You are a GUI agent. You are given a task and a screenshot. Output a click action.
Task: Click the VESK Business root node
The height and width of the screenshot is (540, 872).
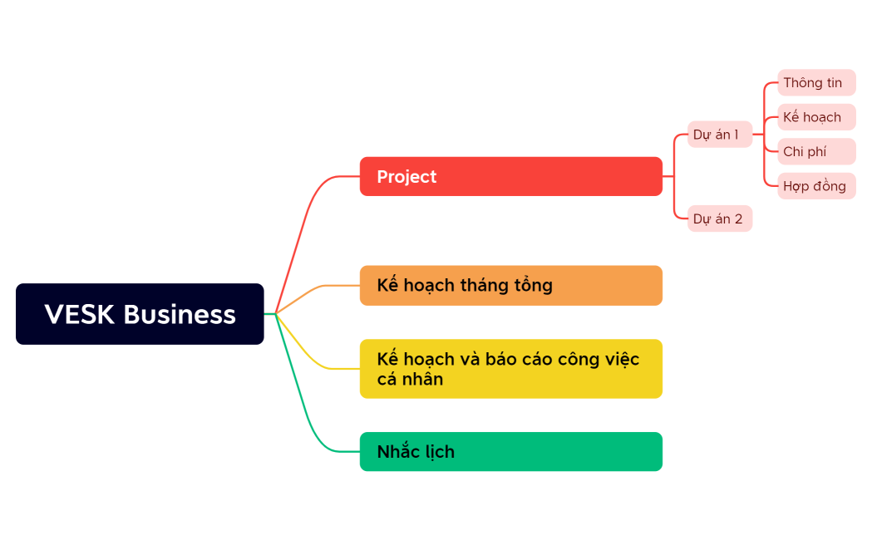[140, 314]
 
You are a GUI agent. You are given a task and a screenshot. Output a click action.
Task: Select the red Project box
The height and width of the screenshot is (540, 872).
[510, 176]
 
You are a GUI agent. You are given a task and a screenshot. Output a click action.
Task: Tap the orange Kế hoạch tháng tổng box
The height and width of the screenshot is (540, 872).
[510, 286]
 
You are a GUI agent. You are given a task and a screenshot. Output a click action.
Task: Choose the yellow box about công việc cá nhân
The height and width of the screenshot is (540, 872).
[510, 369]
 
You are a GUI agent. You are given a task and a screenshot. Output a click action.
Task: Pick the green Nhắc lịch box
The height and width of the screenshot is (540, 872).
[510, 452]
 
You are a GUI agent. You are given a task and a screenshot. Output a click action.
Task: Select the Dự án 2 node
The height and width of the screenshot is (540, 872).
[719, 218]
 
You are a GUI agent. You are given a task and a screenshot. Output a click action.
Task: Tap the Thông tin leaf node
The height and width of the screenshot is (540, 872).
[815, 83]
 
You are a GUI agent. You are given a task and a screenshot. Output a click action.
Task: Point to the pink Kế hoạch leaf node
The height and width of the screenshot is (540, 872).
[815, 117]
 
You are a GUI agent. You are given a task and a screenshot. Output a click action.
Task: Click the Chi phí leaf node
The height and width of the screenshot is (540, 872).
[815, 152]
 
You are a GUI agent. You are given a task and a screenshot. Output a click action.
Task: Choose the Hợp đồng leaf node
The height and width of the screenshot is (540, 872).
[815, 186]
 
